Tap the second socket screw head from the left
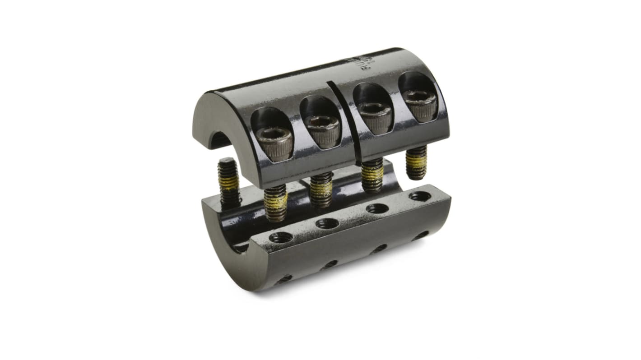[322, 130]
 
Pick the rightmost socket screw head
[420, 105]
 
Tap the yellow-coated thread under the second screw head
[321, 189]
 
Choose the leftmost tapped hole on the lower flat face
[280, 237]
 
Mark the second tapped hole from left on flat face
[327, 223]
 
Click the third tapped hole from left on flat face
[377, 208]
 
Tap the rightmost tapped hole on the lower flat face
[420, 196]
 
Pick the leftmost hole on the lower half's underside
[284, 280]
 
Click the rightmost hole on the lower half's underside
[420, 235]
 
